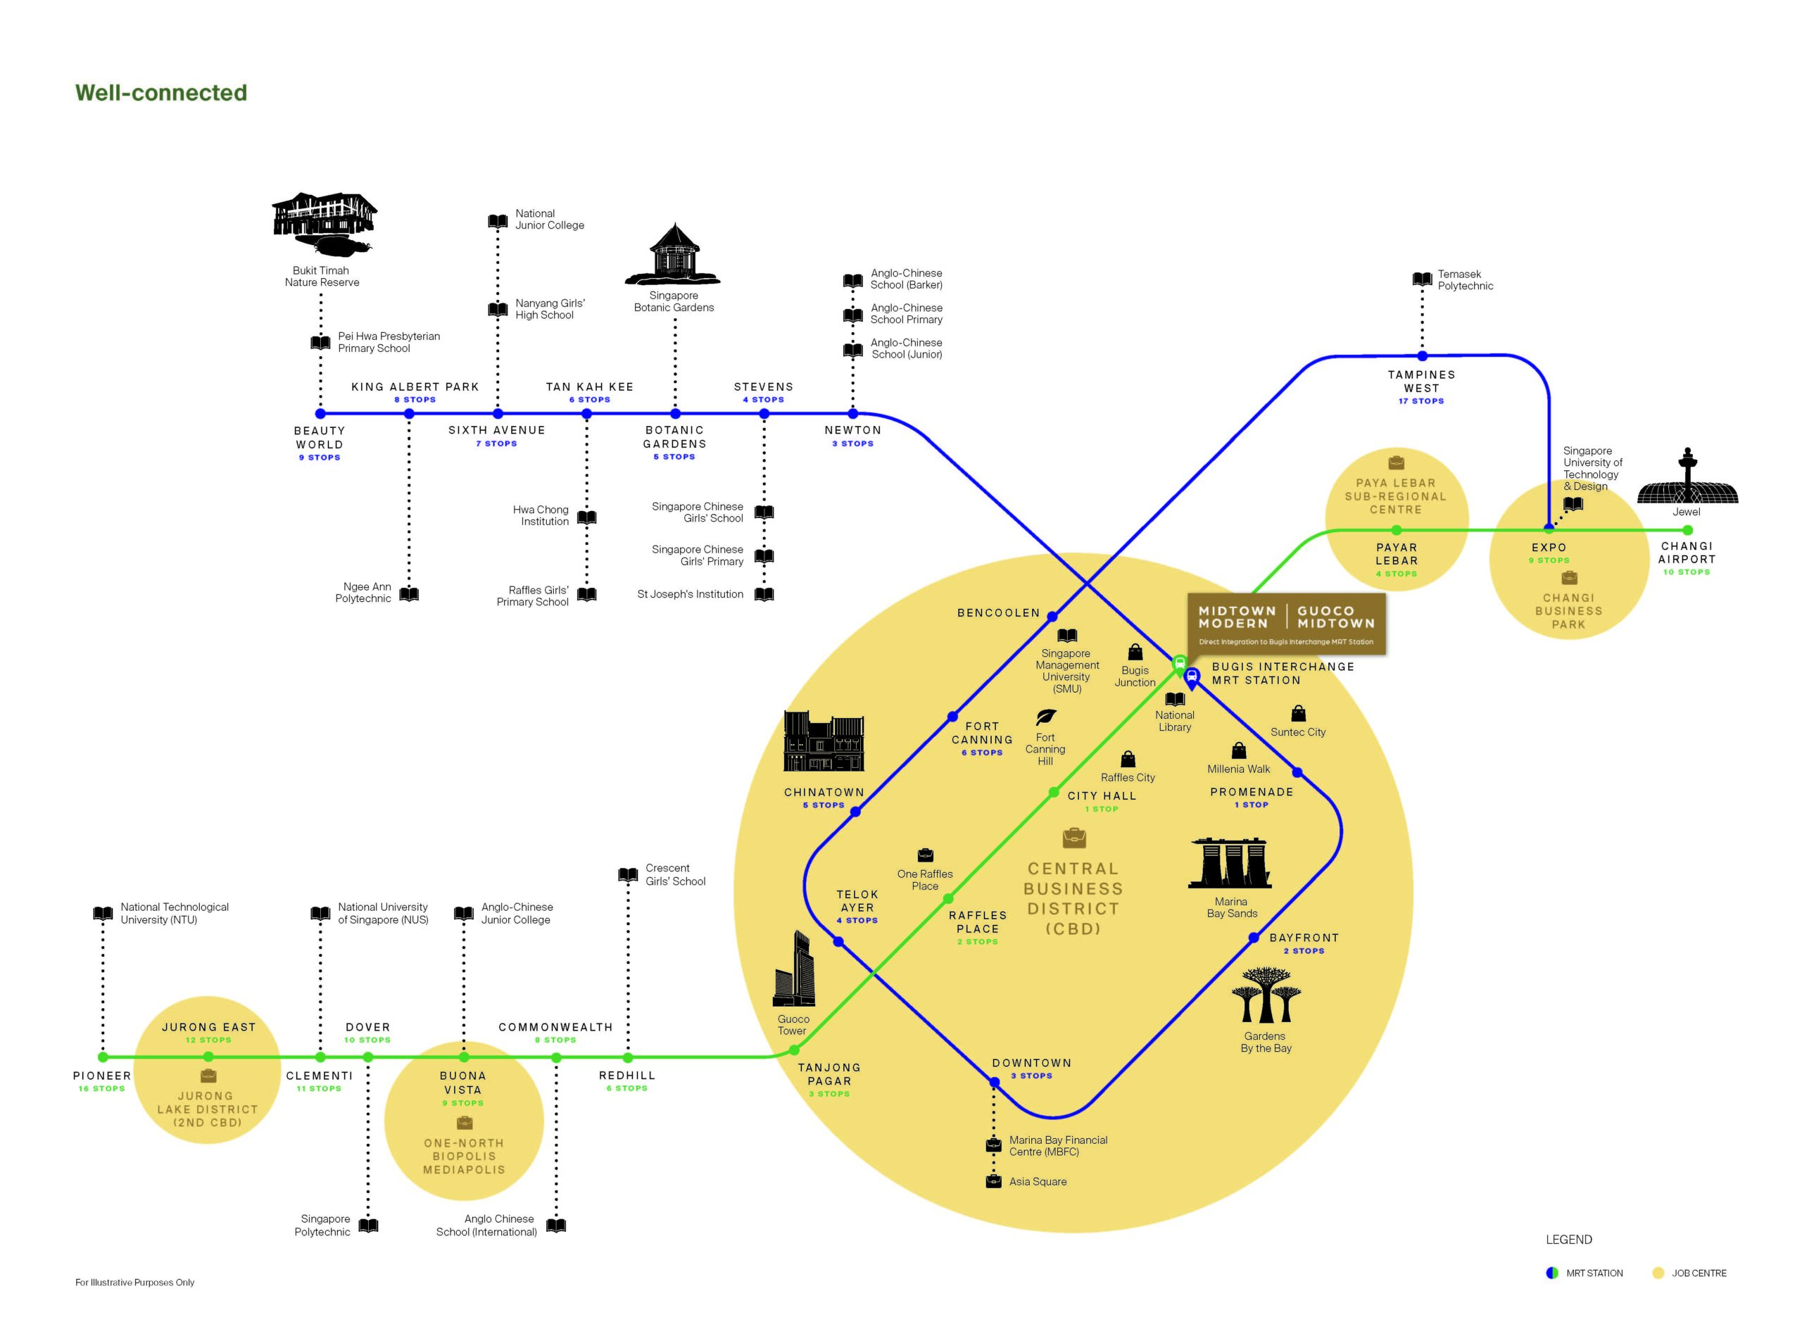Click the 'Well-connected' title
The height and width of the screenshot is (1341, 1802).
click(160, 92)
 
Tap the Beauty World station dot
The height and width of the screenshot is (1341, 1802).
click(320, 413)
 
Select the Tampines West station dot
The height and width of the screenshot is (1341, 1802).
click(1421, 355)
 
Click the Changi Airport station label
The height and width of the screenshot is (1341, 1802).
click(1686, 553)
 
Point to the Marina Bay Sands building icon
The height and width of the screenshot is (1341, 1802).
click(1230, 863)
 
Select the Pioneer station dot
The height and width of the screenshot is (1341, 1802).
click(103, 1057)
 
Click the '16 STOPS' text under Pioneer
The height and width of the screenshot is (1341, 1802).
click(101, 1088)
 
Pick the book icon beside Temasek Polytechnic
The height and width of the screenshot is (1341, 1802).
click(1421, 279)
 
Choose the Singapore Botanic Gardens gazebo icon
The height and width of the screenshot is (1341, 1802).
click(673, 254)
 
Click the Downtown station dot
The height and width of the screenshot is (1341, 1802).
click(993, 1082)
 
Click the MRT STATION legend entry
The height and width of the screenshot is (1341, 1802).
click(1584, 1273)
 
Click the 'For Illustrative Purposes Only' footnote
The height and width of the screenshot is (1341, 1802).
click(134, 1283)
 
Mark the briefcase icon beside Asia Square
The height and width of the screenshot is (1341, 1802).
click(993, 1181)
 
